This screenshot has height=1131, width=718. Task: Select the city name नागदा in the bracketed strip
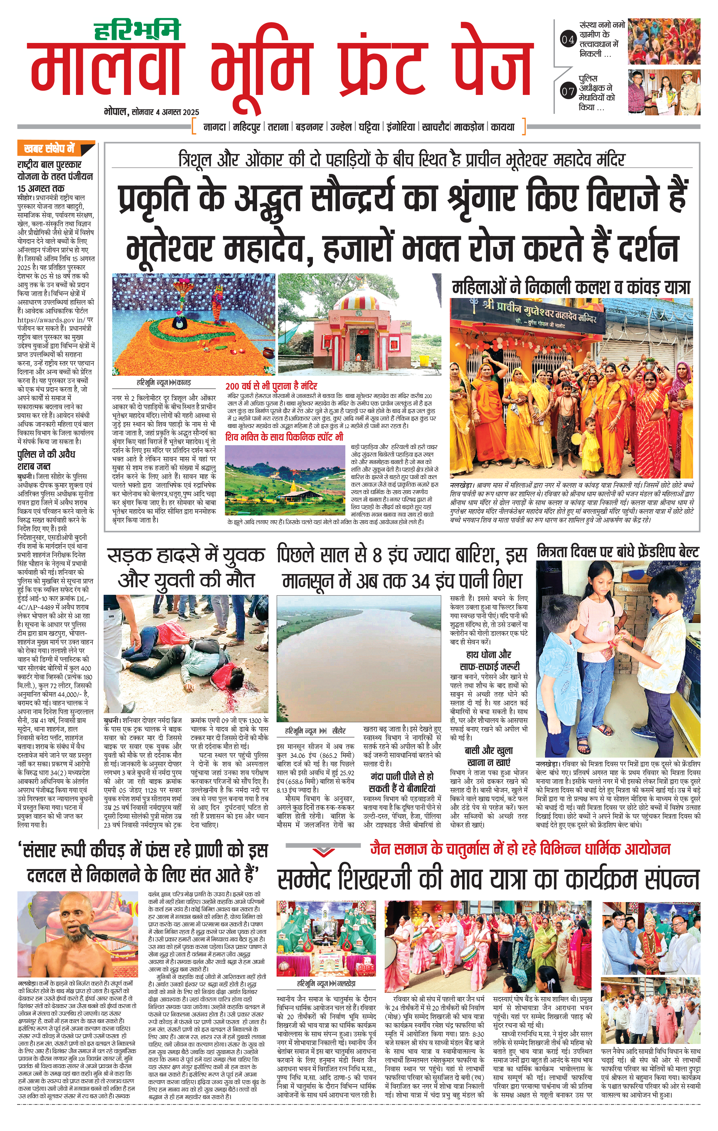[x=215, y=127]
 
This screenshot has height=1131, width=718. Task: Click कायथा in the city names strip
[x=502, y=127]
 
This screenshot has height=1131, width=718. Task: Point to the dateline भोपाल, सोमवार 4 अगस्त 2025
[x=151, y=112]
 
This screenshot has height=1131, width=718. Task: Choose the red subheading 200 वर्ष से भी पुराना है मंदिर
[x=271, y=386]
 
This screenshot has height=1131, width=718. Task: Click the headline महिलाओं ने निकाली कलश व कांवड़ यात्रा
[x=571, y=287]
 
